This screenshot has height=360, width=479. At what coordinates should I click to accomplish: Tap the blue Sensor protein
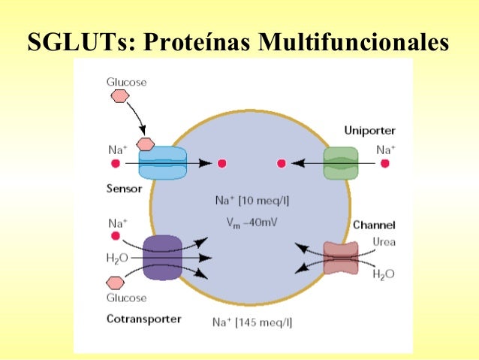(x=161, y=163)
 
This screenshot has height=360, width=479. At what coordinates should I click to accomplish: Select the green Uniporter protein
(x=341, y=163)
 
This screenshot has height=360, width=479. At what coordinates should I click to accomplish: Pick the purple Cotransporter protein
(x=162, y=258)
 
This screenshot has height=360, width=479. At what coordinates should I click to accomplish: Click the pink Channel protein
(x=341, y=258)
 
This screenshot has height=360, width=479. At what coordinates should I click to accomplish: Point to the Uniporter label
(x=369, y=130)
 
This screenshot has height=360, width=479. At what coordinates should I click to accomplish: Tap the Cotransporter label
(x=143, y=319)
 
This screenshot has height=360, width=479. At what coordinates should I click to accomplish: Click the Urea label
(x=384, y=241)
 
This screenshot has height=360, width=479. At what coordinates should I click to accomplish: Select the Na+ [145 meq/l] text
(x=253, y=322)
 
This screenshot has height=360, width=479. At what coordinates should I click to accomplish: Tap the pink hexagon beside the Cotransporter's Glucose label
(x=116, y=282)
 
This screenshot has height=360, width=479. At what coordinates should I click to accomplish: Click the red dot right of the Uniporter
(x=384, y=163)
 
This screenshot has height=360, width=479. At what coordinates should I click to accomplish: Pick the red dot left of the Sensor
(x=116, y=163)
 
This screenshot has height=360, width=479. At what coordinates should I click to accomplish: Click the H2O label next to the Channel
(x=383, y=274)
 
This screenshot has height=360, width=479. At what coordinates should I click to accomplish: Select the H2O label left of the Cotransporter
(x=119, y=258)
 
